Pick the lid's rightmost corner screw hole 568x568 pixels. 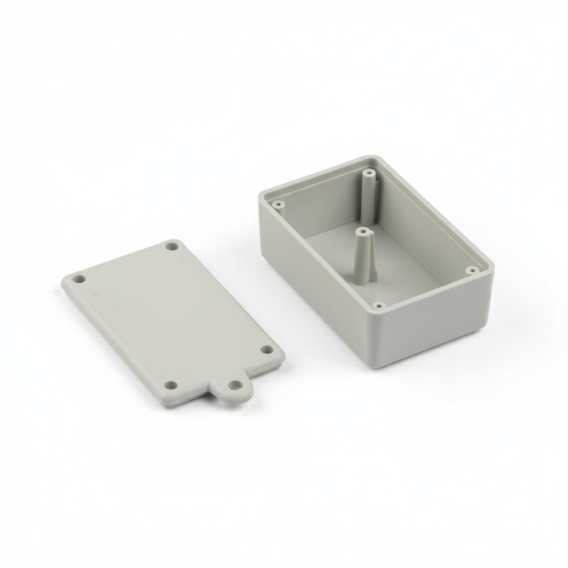[x=267, y=351]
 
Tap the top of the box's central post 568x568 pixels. [x=362, y=230]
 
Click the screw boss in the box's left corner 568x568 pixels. [x=279, y=205]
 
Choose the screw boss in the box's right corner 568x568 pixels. [x=471, y=271]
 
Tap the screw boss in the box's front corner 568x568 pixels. [x=379, y=305]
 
